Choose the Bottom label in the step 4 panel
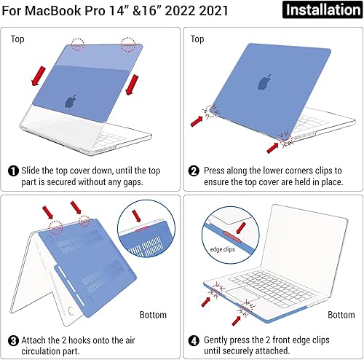(x=340, y=315)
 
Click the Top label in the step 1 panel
(x=17, y=39)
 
